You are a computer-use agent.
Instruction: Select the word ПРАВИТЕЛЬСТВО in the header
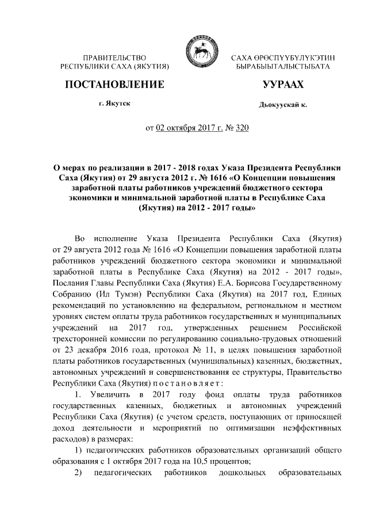pos(114,59)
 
